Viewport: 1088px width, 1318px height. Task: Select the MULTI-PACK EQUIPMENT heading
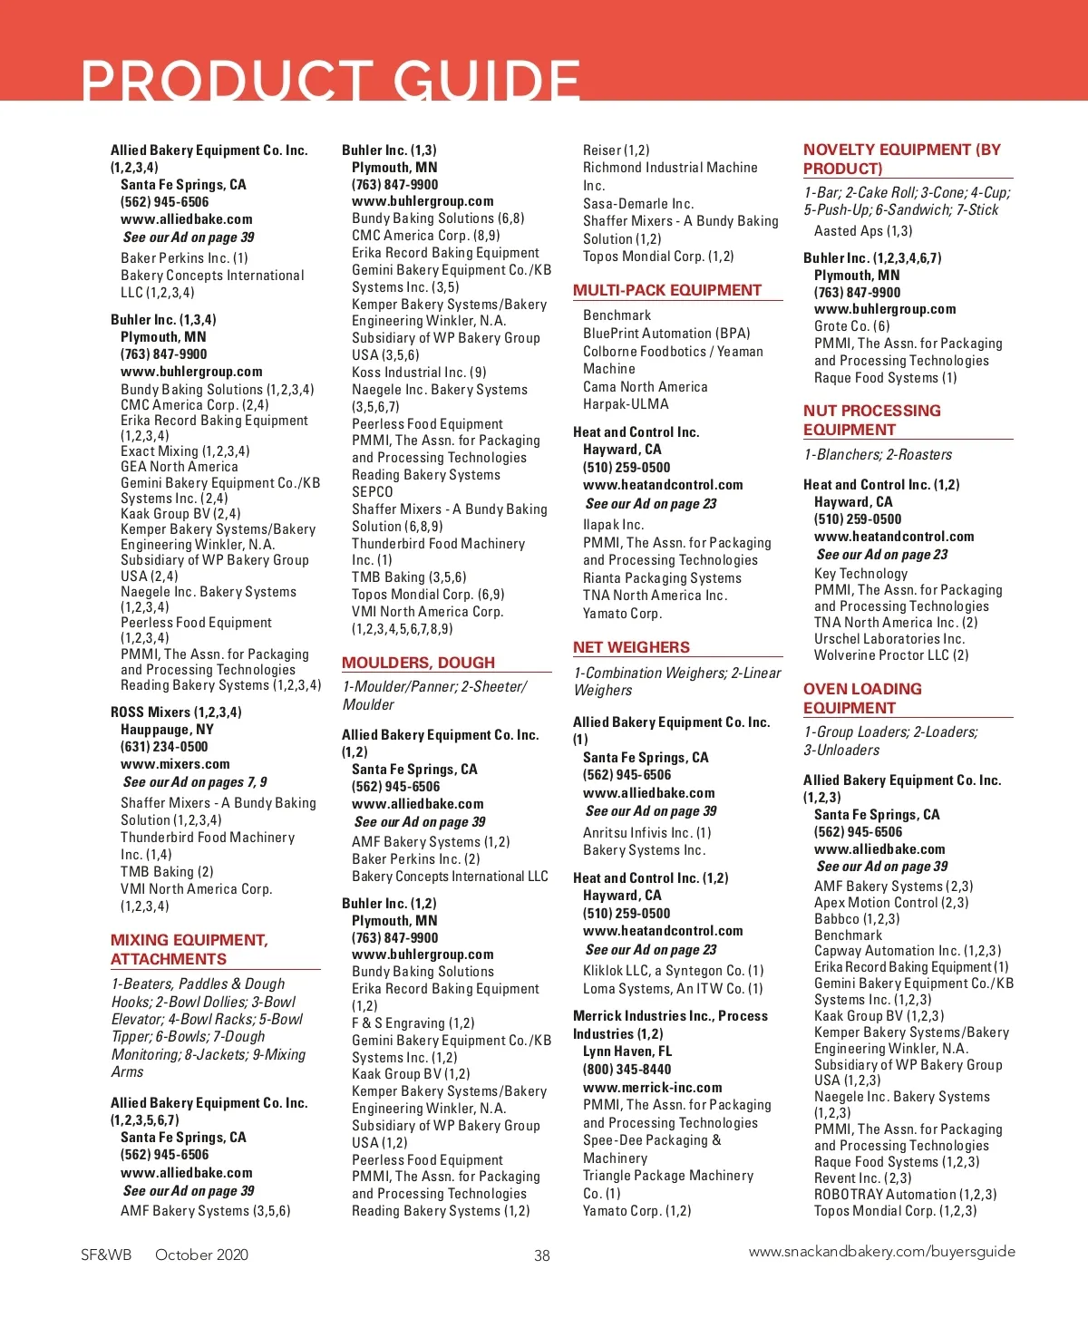(x=667, y=290)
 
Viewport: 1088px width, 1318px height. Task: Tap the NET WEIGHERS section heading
(x=631, y=647)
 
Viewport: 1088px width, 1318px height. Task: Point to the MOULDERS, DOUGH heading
(x=418, y=663)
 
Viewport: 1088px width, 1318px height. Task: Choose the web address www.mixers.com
(x=175, y=764)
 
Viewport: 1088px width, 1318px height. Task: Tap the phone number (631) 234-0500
(x=164, y=747)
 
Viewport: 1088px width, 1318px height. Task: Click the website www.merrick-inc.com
(x=652, y=1088)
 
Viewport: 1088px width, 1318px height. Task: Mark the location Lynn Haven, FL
(x=627, y=1051)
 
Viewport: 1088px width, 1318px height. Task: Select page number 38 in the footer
(x=542, y=1255)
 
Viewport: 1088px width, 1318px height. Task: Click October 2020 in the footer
(x=201, y=1255)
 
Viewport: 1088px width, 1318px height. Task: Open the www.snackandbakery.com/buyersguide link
(x=881, y=1252)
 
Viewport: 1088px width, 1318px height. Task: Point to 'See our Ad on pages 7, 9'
(x=195, y=782)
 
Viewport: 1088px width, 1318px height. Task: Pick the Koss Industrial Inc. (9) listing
(x=419, y=373)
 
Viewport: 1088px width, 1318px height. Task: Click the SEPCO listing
(x=373, y=492)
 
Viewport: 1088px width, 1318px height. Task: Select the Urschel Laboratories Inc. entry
(x=889, y=639)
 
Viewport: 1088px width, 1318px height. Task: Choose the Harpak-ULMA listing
(x=626, y=404)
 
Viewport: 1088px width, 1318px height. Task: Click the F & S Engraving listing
(x=413, y=1023)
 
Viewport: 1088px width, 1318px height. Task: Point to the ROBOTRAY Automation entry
(x=905, y=1195)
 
